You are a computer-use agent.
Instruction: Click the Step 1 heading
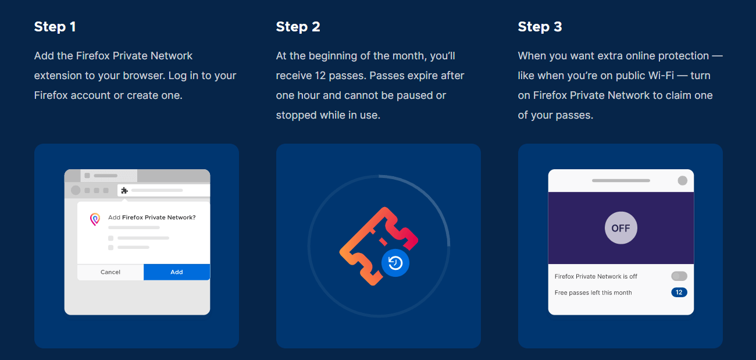click(x=55, y=27)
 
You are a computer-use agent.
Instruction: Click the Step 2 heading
click(x=298, y=27)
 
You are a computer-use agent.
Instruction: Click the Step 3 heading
click(x=540, y=27)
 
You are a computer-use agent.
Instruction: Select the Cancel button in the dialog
click(x=110, y=272)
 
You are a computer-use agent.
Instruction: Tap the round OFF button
click(x=621, y=228)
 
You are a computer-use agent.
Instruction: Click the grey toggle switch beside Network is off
click(x=679, y=276)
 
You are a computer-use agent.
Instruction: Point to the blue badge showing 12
click(x=679, y=293)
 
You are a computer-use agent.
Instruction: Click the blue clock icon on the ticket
click(x=395, y=263)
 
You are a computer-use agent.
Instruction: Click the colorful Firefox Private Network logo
click(x=95, y=219)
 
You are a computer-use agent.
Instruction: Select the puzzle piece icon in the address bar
click(x=124, y=190)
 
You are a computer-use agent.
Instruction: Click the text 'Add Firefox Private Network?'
click(x=152, y=218)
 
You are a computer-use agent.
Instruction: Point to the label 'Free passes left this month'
click(x=593, y=293)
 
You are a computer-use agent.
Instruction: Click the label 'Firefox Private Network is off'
click(x=595, y=276)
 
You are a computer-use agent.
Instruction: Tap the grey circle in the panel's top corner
click(x=682, y=181)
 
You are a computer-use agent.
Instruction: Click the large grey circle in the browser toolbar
click(x=76, y=190)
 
